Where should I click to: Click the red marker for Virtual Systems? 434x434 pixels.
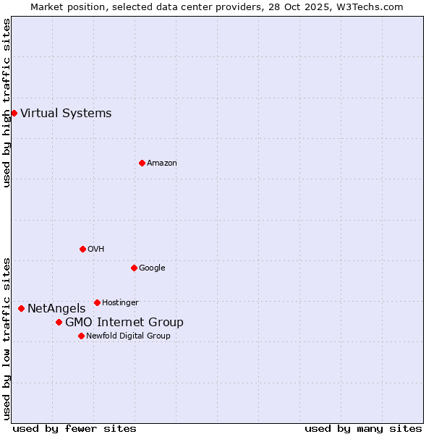pos(14,113)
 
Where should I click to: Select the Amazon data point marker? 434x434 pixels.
pos(142,163)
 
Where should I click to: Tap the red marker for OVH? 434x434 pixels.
pos(82,249)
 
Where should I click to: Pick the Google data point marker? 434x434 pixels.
pos(134,268)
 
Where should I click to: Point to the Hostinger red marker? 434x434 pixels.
pos(97,302)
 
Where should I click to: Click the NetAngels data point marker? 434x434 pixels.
pos(21,308)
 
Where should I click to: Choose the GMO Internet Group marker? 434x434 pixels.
pos(59,322)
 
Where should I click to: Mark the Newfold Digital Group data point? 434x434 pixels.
pos(81,336)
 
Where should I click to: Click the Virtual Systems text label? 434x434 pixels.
pos(66,113)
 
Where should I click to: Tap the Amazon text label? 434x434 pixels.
pos(162,163)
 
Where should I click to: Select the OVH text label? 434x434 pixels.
pos(96,249)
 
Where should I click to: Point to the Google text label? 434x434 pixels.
pos(152,268)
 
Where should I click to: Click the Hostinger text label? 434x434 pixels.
pos(120,302)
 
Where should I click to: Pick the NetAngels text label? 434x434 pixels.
pos(56,308)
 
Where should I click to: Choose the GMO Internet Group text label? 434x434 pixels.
pos(124,322)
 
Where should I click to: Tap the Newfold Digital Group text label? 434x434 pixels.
pos(128,336)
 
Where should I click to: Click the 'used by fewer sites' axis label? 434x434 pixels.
pos(75,428)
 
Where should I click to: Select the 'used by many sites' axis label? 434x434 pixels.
pos(363,428)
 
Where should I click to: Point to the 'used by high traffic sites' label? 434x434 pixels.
pos(7,103)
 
